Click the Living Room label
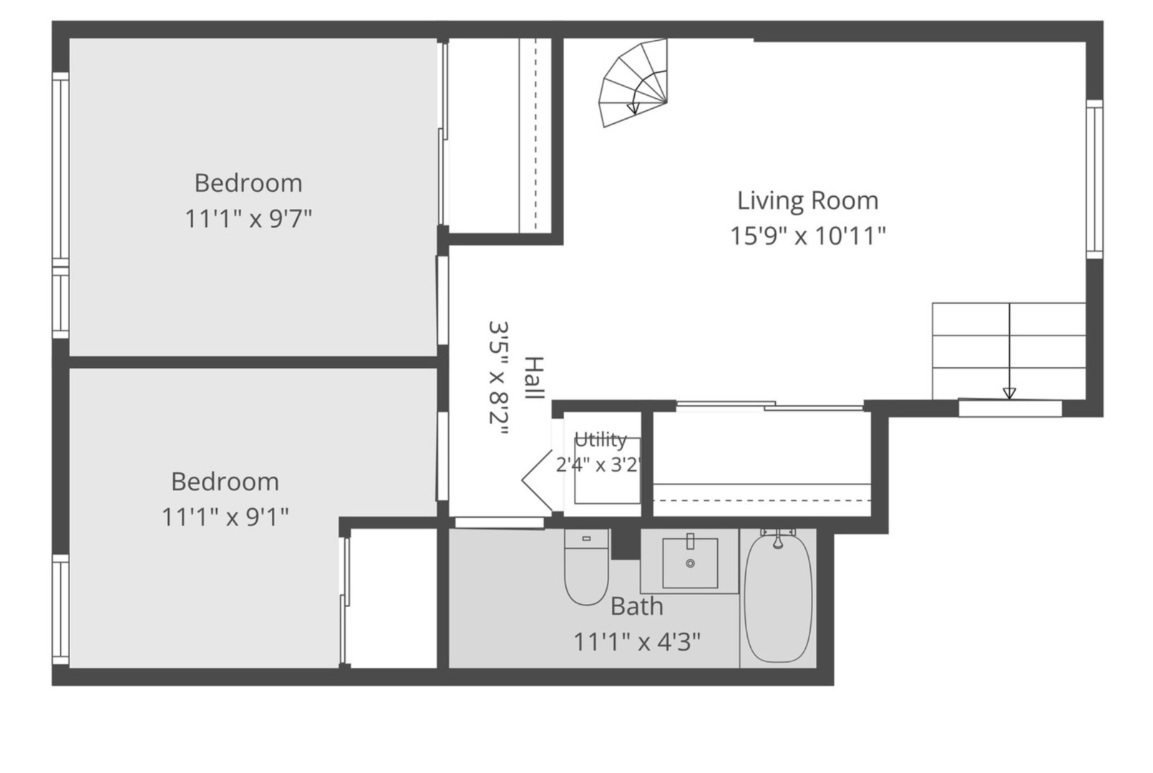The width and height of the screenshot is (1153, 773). [807, 201]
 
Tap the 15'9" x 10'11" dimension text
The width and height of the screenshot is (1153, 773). [808, 236]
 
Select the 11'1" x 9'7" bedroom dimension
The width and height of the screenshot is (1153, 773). [248, 219]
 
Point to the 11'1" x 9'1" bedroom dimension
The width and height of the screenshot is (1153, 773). [225, 517]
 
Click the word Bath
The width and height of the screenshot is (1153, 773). [637, 606]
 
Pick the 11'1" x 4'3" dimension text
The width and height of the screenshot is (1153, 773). [637, 642]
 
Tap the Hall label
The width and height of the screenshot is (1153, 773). [534, 378]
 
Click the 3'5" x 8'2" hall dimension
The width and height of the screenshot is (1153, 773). [498, 379]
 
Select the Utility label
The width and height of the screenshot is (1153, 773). [600, 440]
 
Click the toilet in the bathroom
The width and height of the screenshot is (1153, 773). [586, 567]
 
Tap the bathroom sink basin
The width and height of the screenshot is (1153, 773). [690, 563]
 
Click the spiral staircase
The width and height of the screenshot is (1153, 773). [633, 82]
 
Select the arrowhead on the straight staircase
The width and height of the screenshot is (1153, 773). [1009, 393]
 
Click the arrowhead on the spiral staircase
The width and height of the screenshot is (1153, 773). [633, 109]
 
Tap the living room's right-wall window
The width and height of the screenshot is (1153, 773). [1095, 179]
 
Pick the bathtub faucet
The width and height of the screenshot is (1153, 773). [778, 538]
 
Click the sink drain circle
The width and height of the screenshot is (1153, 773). [690, 563]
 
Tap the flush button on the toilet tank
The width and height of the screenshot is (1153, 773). [586, 538]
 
